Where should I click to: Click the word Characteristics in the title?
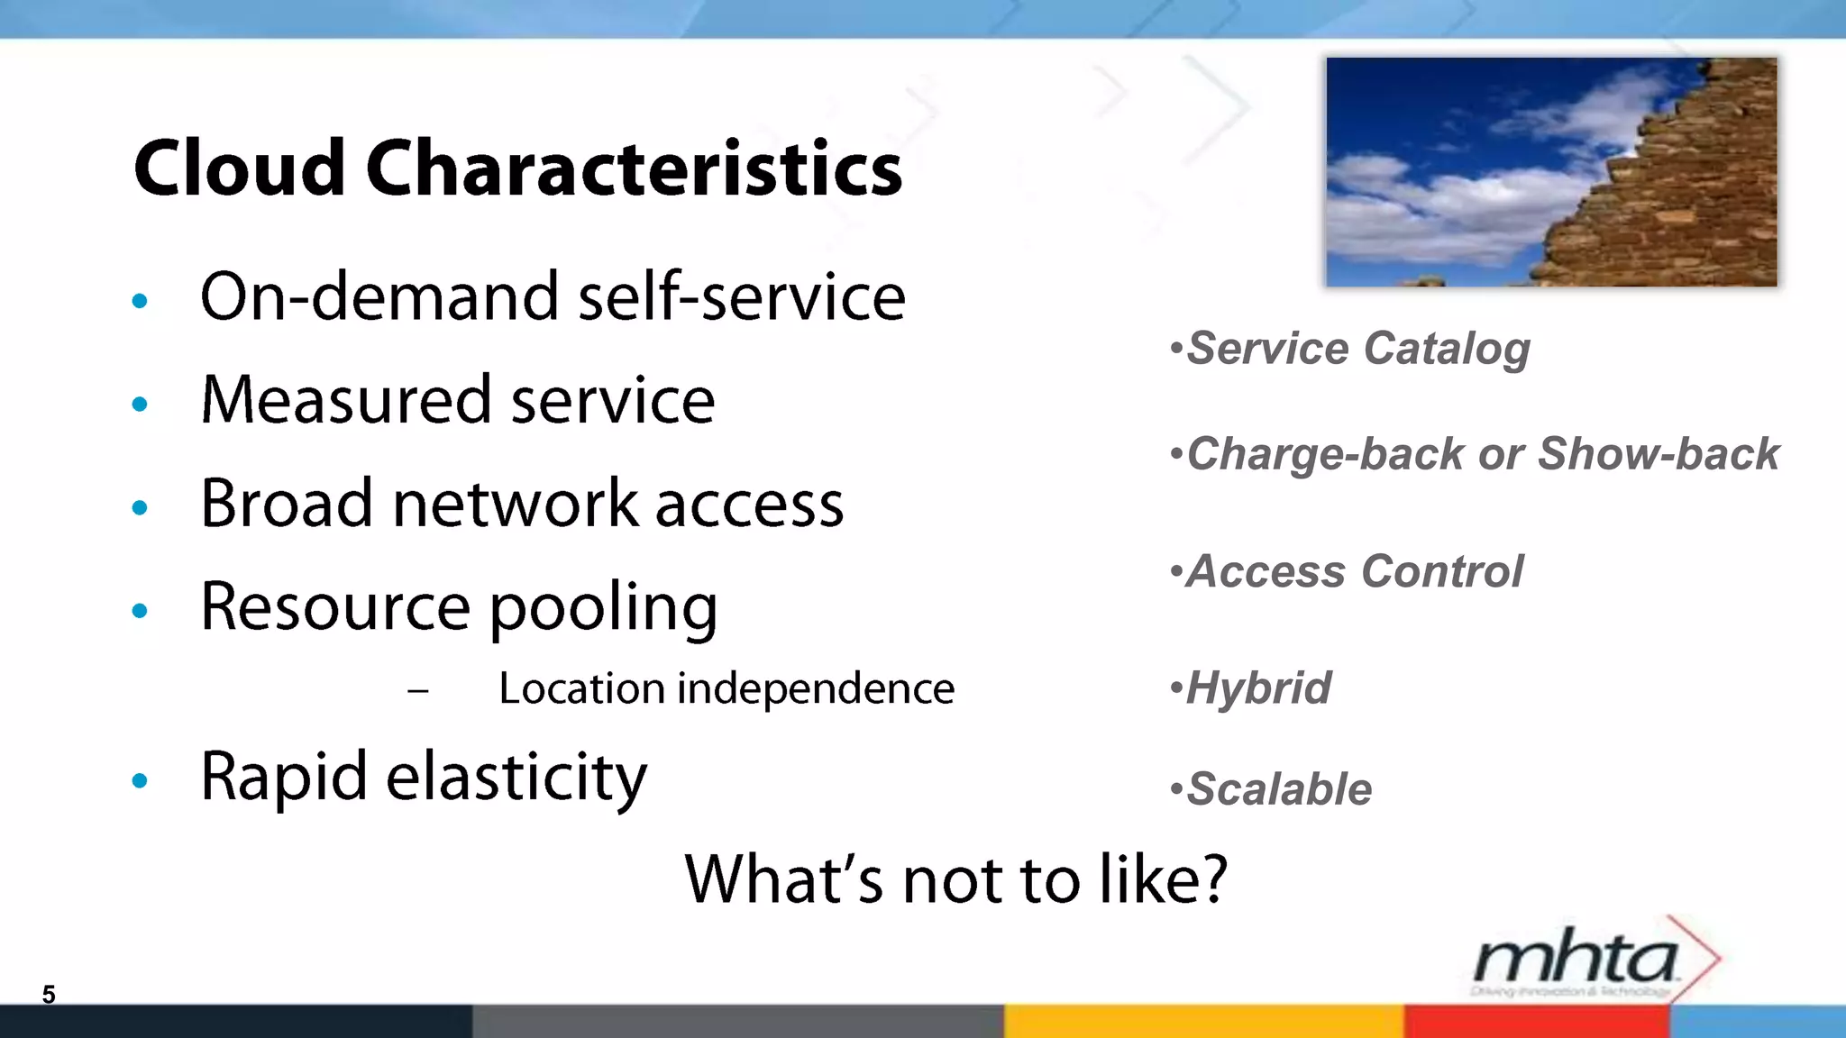[x=634, y=169]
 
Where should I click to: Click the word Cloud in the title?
[x=240, y=169]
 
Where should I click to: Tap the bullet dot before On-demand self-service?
[x=140, y=301]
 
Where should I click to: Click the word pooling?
[x=603, y=609]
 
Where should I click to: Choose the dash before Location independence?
[x=417, y=691]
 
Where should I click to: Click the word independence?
[x=816, y=689]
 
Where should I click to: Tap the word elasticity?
[x=516, y=777]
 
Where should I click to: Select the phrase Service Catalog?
[x=1357, y=349]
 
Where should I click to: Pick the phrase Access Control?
[x=1354, y=571]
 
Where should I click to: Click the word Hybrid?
[x=1258, y=688]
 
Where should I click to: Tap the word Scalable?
[x=1279, y=789]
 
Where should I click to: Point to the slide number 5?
[x=49, y=995]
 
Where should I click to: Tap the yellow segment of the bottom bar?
[x=1203, y=1022]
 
